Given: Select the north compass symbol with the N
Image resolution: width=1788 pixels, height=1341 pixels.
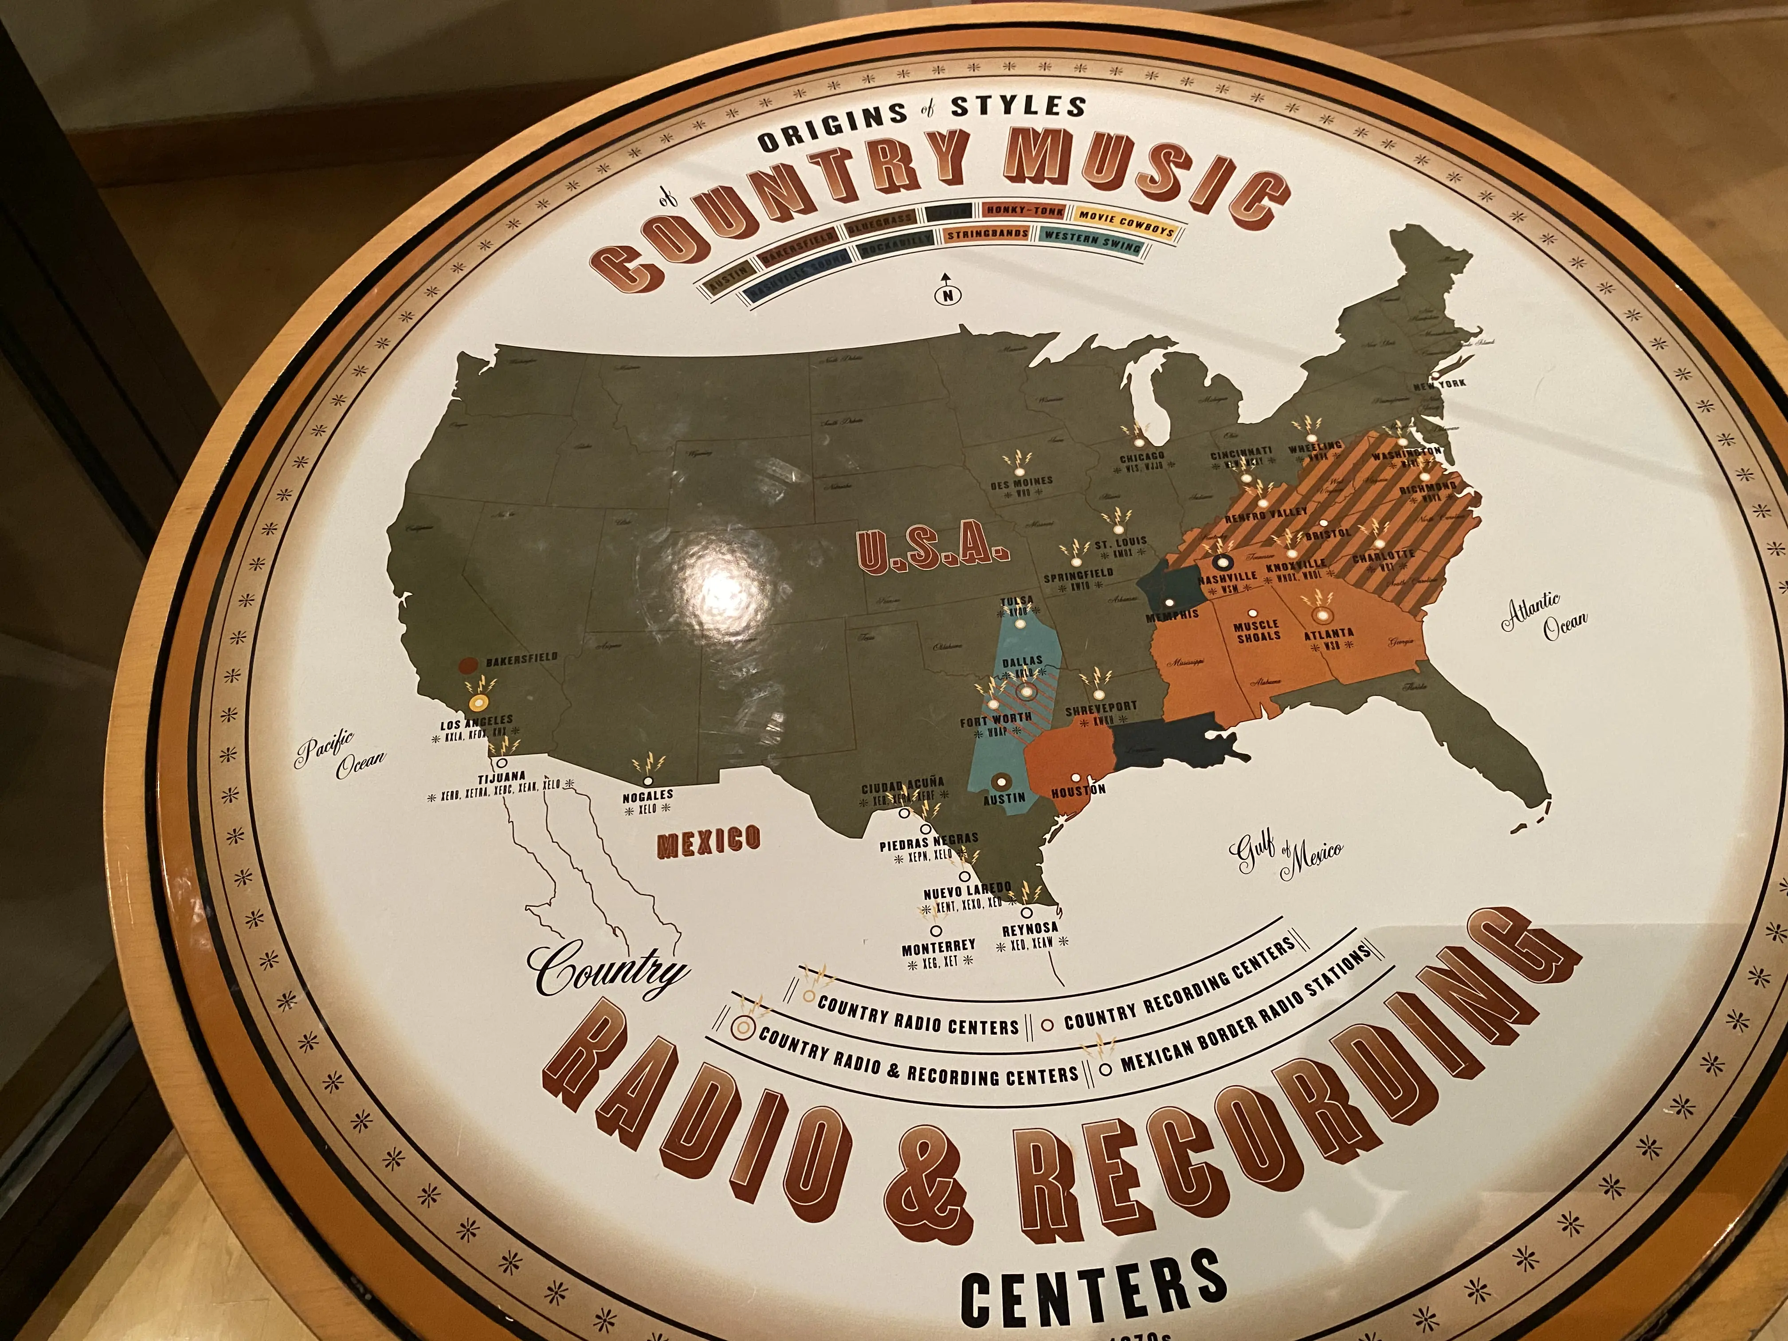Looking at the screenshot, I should pyautogui.click(x=947, y=296).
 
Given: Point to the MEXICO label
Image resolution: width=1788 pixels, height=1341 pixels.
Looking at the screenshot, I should pyautogui.click(x=709, y=841).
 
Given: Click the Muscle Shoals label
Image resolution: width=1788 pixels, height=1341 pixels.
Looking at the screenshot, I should pyautogui.click(x=1257, y=631).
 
